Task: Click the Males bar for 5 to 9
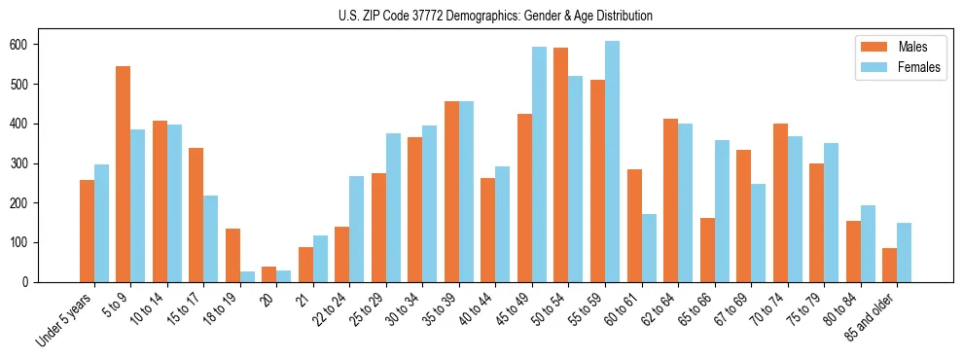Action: (124, 174)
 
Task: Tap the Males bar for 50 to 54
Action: (561, 164)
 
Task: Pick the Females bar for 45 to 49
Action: (539, 164)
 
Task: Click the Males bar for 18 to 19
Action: (232, 255)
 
